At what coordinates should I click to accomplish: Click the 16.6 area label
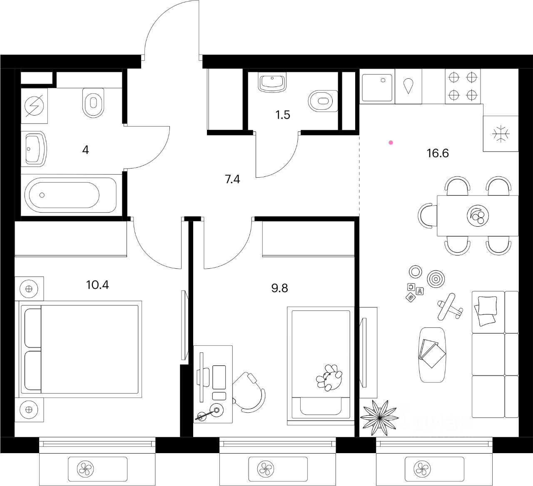(x=438, y=153)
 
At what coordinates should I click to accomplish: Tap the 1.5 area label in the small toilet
(x=282, y=115)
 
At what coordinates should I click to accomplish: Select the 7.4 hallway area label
(x=232, y=179)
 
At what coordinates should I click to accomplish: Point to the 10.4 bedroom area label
(x=97, y=285)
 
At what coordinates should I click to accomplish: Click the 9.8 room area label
(x=279, y=288)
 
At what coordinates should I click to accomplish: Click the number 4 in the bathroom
(x=85, y=150)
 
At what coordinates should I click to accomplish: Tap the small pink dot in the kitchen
(x=391, y=143)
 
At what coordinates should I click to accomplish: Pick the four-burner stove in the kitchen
(x=462, y=86)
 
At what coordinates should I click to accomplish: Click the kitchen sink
(x=377, y=87)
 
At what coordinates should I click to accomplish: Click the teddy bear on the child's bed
(x=329, y=377)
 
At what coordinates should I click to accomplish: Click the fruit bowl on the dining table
(x=477, y=216)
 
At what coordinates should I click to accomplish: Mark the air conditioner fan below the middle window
(x=265, y=469)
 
